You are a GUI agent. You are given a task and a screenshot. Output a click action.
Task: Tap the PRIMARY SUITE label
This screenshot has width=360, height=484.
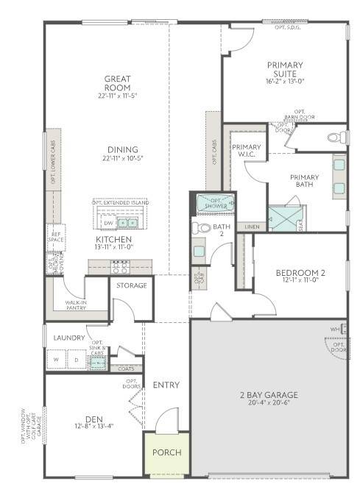[x=284, y=69]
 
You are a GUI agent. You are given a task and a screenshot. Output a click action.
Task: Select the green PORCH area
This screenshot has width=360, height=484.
[x=166, y=452]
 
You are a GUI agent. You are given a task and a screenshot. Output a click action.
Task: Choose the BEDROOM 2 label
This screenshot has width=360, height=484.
[x=280, y=271]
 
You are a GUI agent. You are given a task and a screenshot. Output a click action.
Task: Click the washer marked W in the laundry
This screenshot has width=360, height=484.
[x=57, y=360]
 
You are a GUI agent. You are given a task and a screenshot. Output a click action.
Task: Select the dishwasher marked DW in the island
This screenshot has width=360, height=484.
[x=108, y=223]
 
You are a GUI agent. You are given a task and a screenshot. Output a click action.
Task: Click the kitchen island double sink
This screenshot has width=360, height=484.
[x=128, y=223]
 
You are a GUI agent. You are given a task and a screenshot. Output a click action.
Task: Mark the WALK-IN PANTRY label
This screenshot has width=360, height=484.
[x=76, y=305]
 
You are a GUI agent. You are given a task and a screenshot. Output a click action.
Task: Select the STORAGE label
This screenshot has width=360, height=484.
[x=132, y=285]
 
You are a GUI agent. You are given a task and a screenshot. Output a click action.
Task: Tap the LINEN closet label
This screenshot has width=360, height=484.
[x=251, y=227]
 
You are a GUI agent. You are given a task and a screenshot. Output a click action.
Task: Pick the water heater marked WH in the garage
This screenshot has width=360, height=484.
[x=334, y=329]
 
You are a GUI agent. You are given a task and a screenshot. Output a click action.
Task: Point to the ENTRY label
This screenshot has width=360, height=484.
[x=166, y=385]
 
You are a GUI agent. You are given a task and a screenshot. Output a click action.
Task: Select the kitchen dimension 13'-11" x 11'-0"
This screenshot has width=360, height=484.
[x=113, y=248]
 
